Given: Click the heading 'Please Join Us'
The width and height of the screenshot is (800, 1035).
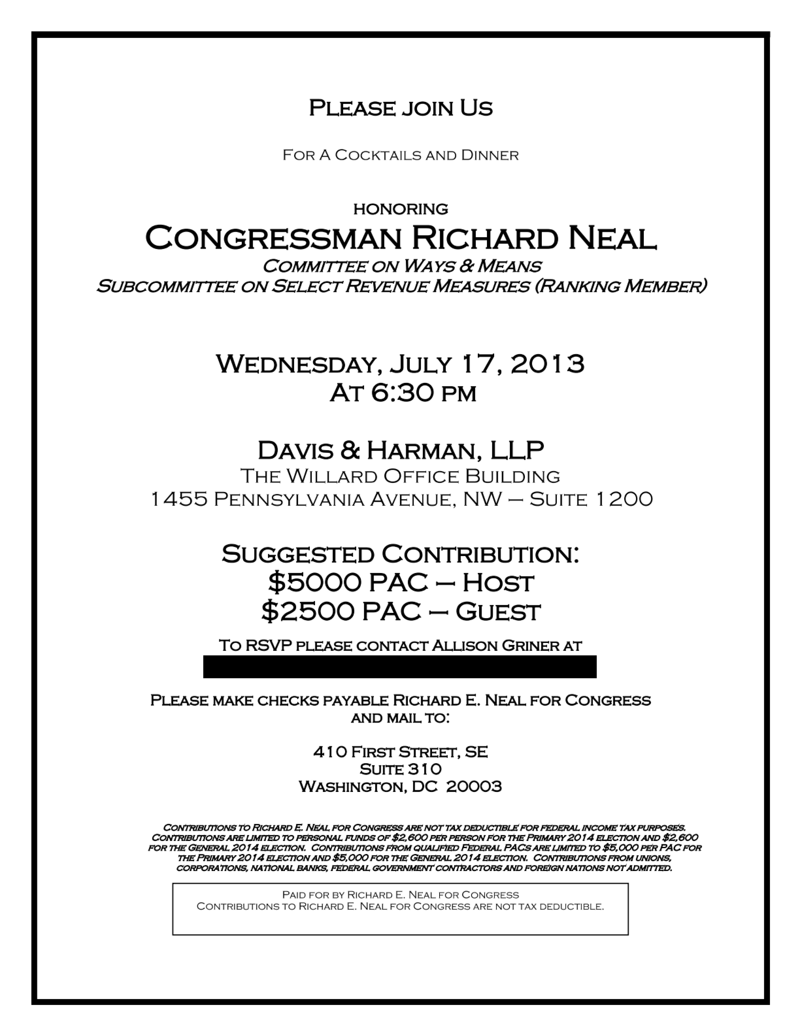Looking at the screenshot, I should click(401, 108).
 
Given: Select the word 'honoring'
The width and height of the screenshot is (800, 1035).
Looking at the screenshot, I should click(401, 209).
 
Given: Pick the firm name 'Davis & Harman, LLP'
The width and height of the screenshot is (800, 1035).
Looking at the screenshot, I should click(401, 450).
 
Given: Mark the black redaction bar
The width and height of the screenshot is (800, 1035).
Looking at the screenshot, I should click(399, 667).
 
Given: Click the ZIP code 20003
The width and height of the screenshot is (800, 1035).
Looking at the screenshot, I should click(474, 787).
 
